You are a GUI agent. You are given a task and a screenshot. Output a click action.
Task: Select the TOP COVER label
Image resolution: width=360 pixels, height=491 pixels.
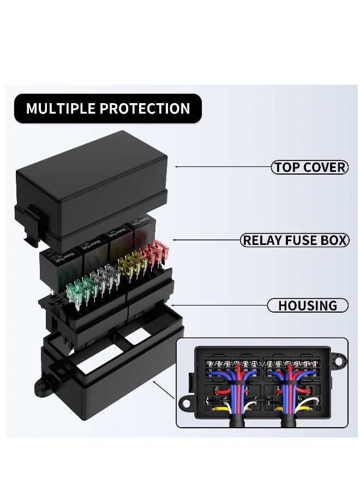[309, 167]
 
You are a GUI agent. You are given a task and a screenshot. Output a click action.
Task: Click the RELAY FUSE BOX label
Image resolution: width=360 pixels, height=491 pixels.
[295, 240]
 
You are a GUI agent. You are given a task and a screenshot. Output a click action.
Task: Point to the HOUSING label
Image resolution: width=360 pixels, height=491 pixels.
[308, 306]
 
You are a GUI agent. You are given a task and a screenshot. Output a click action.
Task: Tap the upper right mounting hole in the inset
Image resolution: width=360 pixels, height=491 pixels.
[339, 361]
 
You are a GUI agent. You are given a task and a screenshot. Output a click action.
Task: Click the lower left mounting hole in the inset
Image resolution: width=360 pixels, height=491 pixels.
[185, 404]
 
